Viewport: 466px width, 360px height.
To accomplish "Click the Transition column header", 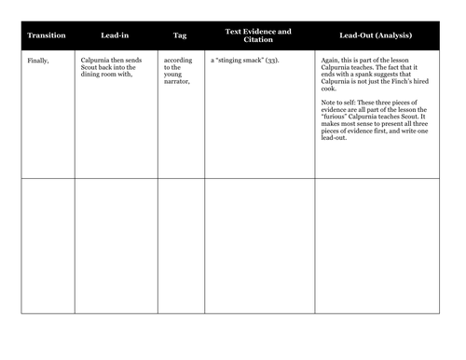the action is [47, 35].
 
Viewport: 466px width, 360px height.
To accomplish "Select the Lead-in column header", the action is [116, 35].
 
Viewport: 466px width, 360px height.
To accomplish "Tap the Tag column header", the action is [180, 35].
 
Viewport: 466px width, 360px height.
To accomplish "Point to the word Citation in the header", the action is [258, 40].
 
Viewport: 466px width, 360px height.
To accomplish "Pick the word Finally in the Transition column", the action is [38, 60].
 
